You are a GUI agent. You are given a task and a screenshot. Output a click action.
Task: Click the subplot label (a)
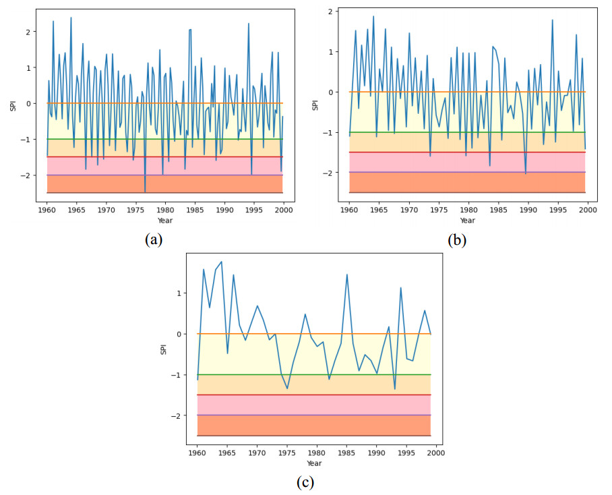point(152,239)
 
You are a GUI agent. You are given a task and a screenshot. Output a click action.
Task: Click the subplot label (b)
point(457,239)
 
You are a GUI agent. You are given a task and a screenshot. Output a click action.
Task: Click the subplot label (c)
point(305,482)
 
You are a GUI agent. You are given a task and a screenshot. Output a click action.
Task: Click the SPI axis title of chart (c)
point(162,349)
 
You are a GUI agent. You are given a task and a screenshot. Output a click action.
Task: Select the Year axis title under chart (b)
point(468,221)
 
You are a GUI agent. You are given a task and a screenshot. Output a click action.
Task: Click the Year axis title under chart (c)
point(314,463)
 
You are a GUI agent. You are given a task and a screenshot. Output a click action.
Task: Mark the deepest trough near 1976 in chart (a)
point(145,192)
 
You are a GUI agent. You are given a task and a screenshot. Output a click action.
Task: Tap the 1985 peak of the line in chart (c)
point(346,274)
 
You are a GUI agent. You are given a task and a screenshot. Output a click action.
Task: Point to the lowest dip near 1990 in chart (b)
point(526,174)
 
